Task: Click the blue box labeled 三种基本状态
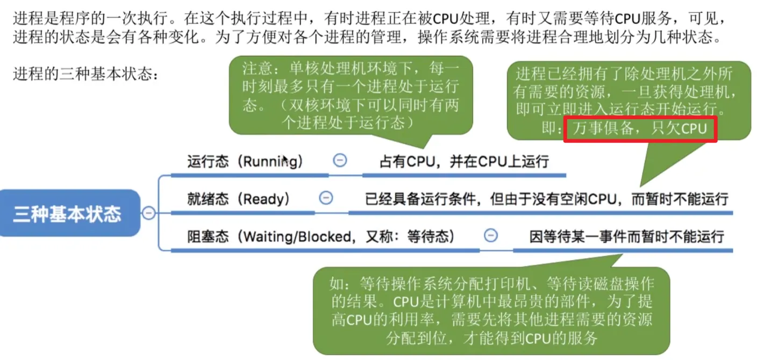[68, 213]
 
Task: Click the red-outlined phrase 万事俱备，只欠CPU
[639, 129]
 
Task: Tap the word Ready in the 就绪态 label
[267, 199]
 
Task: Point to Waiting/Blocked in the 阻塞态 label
[297, 236]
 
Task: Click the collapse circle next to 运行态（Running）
[340, 160]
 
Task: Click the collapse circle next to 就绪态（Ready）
[326, 198]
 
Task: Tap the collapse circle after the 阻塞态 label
[491, 235]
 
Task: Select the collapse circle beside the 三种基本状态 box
[148, 213]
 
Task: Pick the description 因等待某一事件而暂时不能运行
[626, 236]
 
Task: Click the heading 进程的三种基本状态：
[85, 74]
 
